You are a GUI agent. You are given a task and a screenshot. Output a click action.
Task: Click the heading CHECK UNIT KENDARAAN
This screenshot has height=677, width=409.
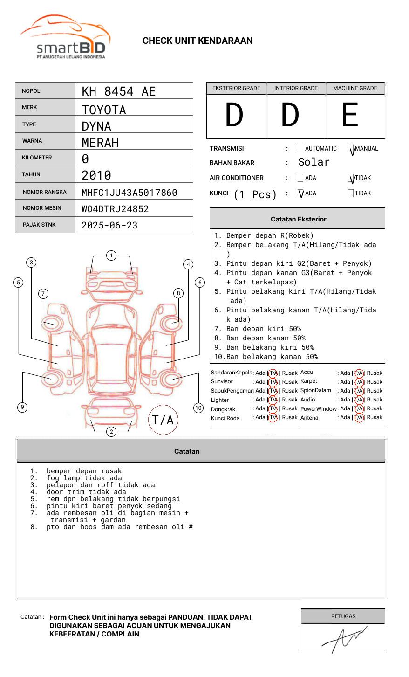coord(198,41)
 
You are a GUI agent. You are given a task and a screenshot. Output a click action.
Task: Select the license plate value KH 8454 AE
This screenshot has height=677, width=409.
coord(118,91)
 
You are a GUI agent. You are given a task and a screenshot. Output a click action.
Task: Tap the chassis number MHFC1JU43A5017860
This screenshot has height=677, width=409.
coord(129,193)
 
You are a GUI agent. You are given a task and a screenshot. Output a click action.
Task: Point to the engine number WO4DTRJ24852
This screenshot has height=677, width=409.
coord(115,209)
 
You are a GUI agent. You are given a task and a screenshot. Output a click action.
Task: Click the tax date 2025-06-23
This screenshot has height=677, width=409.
coord(109,225)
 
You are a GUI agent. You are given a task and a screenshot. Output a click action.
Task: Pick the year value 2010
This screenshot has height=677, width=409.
coord(96,175)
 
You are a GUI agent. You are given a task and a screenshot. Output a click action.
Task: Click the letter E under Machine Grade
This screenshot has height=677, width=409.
coord(350,115)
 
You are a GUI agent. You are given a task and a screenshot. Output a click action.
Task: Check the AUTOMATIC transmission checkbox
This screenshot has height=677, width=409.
coord(300,149)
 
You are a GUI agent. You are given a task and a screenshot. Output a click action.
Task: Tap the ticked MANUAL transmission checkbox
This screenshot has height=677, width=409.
coord(351,149)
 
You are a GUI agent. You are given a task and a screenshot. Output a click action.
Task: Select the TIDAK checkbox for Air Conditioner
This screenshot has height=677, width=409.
coord(351,178)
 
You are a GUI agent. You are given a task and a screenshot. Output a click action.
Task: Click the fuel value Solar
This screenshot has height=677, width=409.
coord(314,162)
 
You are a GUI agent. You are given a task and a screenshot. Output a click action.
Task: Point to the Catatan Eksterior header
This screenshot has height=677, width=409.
coord(298,219)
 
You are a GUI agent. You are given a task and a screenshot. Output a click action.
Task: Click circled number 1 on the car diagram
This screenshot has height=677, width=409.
coord(111,256)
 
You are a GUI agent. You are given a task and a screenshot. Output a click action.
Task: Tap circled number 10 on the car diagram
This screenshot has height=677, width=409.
coord(198,408)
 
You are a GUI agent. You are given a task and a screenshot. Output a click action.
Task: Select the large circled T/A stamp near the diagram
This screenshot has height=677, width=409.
coord(163,420)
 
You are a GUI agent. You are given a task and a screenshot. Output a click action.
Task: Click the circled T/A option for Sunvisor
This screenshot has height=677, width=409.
coord(273,382)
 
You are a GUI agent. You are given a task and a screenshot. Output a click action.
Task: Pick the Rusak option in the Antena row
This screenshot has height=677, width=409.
coord(375,418)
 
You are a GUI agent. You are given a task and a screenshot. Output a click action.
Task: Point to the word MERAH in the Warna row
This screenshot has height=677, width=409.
coord(100,143)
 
